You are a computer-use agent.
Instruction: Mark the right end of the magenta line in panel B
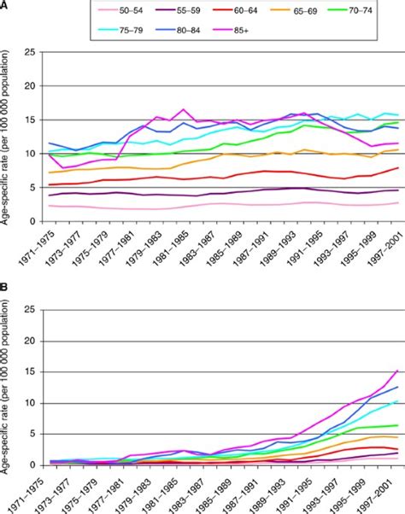click(x=397, y=371)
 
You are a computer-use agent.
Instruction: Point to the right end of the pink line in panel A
click(x=397, y=202)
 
